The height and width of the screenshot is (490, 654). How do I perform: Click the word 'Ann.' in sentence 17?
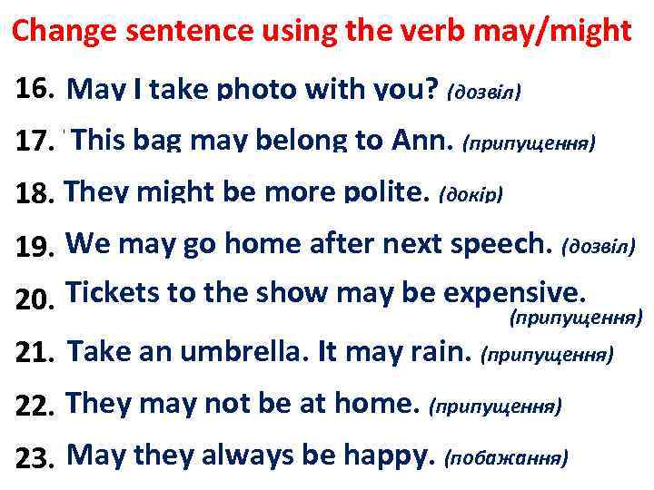[425, 141]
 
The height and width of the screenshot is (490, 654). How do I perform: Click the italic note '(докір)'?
[471, 194]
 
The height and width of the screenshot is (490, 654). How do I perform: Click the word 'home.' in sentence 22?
[380, 402]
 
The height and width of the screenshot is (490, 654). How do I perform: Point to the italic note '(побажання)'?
[508, 457]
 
